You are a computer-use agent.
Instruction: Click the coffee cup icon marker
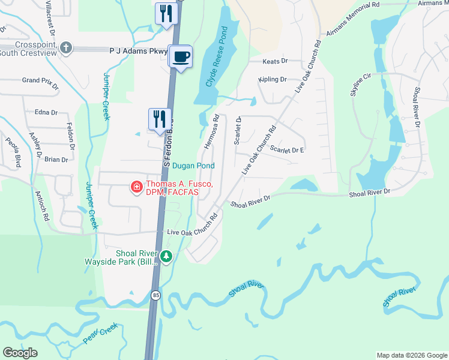[181, 57]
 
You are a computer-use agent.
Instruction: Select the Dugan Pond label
[193, 166]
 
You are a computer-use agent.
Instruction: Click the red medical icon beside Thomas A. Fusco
[137, 188]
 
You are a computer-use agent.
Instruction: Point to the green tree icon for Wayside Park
[166, 257]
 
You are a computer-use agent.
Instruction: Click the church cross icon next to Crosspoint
[67, 47]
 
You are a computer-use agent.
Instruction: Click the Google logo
[20, 353]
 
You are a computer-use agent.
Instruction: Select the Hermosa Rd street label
[211, 133]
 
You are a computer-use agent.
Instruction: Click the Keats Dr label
[276, 61]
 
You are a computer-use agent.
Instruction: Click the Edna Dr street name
[46, 112]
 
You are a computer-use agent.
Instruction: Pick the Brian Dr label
[56, 159]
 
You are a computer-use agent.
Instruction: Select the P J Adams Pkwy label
[138, 52]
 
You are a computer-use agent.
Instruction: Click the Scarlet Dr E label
[287, 149]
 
